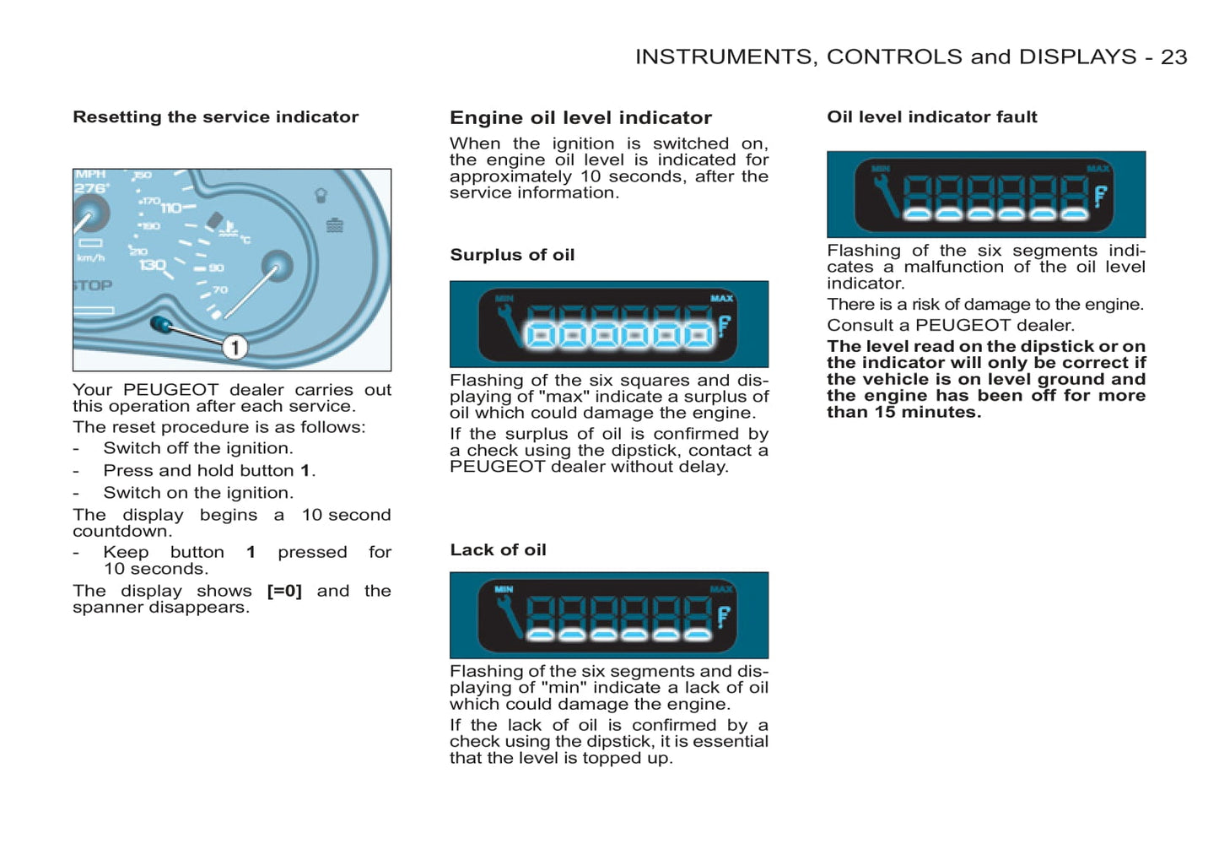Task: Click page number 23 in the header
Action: (1173, 57)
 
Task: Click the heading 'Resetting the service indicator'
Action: (215, 117)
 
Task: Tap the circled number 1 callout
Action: (235, 347)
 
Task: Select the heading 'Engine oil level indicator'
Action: (580, 118)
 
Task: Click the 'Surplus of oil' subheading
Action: (512, 255)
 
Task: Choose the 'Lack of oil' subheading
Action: (498, 550)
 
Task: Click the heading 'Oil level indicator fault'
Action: (931, 117)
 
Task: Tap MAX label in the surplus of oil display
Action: (721, 298)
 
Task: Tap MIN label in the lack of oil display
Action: (504, 589)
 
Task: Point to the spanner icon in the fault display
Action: (886, 195)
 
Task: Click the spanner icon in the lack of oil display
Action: (509, 615)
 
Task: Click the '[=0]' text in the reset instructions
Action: (284, 591)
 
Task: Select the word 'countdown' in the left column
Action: (121, 532)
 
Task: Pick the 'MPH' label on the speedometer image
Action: (90, 175)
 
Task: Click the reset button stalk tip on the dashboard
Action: (160, 324)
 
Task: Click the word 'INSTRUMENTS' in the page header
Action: (725, 57)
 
